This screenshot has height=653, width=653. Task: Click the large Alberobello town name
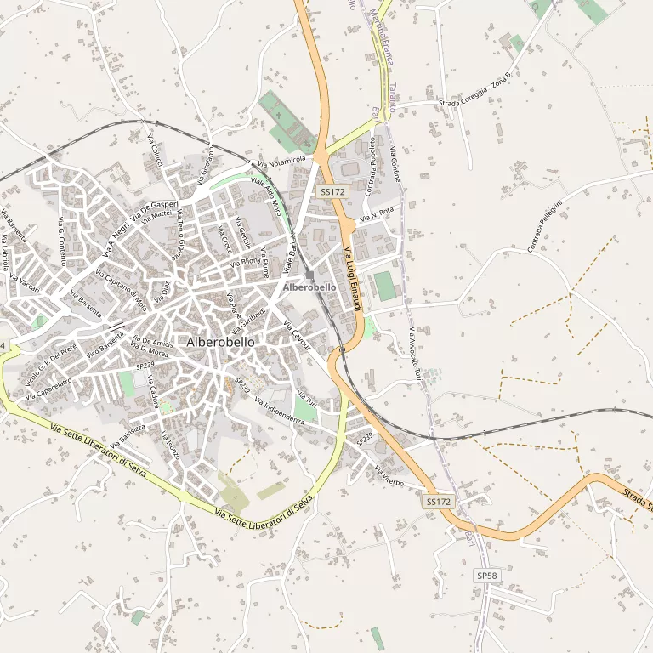(220, 342)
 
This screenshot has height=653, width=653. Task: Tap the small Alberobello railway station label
(309, 287)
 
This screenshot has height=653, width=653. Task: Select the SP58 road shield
(486, 576)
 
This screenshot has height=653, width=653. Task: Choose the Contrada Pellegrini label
(545, 224)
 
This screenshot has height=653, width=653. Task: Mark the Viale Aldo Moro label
(266, 196)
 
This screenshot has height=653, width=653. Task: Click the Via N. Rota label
(377, 214)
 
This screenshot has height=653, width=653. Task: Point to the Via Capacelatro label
(48, 389)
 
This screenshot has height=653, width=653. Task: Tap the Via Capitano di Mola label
(122, 288)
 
